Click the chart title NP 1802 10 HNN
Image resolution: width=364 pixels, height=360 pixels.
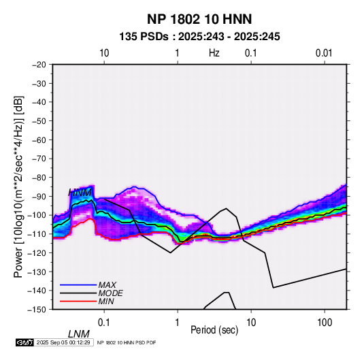(199, 19)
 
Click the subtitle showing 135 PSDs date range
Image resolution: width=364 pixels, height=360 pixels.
(199, 37)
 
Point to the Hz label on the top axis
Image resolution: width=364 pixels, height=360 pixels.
(214, 53)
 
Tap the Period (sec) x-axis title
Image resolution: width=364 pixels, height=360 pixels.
(214, 330)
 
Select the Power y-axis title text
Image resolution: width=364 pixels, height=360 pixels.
(18, 187)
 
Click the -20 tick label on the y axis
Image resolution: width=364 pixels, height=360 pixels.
(39, 65)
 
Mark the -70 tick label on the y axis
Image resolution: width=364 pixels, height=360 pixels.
(39, 159)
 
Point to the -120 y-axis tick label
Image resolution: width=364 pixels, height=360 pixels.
(37, 252)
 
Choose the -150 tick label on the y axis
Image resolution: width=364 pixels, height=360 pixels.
(37, 310)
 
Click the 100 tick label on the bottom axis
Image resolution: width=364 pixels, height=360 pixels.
(325, 322)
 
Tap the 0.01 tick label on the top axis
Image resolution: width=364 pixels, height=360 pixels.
(324, 53)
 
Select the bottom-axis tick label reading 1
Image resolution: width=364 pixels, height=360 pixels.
(178, 322)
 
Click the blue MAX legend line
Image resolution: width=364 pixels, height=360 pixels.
(78, 284)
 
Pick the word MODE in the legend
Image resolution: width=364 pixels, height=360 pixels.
(110, 293)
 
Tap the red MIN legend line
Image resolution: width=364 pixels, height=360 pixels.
(78, 301)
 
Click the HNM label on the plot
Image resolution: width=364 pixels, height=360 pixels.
(80, 193)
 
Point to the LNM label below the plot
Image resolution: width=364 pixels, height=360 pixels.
(78, 334)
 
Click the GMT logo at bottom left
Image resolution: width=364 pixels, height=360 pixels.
(25, 342)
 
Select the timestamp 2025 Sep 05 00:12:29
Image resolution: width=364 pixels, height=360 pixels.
(63, 342)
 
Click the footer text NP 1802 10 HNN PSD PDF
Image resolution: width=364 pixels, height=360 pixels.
(127, 342)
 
